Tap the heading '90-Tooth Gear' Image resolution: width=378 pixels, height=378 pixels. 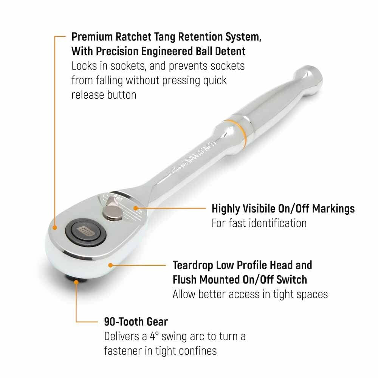[x=136, y=322]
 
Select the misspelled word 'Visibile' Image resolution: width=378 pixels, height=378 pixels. [x=271, y=208]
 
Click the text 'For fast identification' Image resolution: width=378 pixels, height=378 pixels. [x=259, y=223]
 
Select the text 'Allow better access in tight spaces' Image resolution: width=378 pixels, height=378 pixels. [x=250, y=294]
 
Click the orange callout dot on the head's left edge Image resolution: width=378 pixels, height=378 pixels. [x=55, y=228]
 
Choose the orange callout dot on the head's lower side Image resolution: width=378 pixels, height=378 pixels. [x=109, y=265]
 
